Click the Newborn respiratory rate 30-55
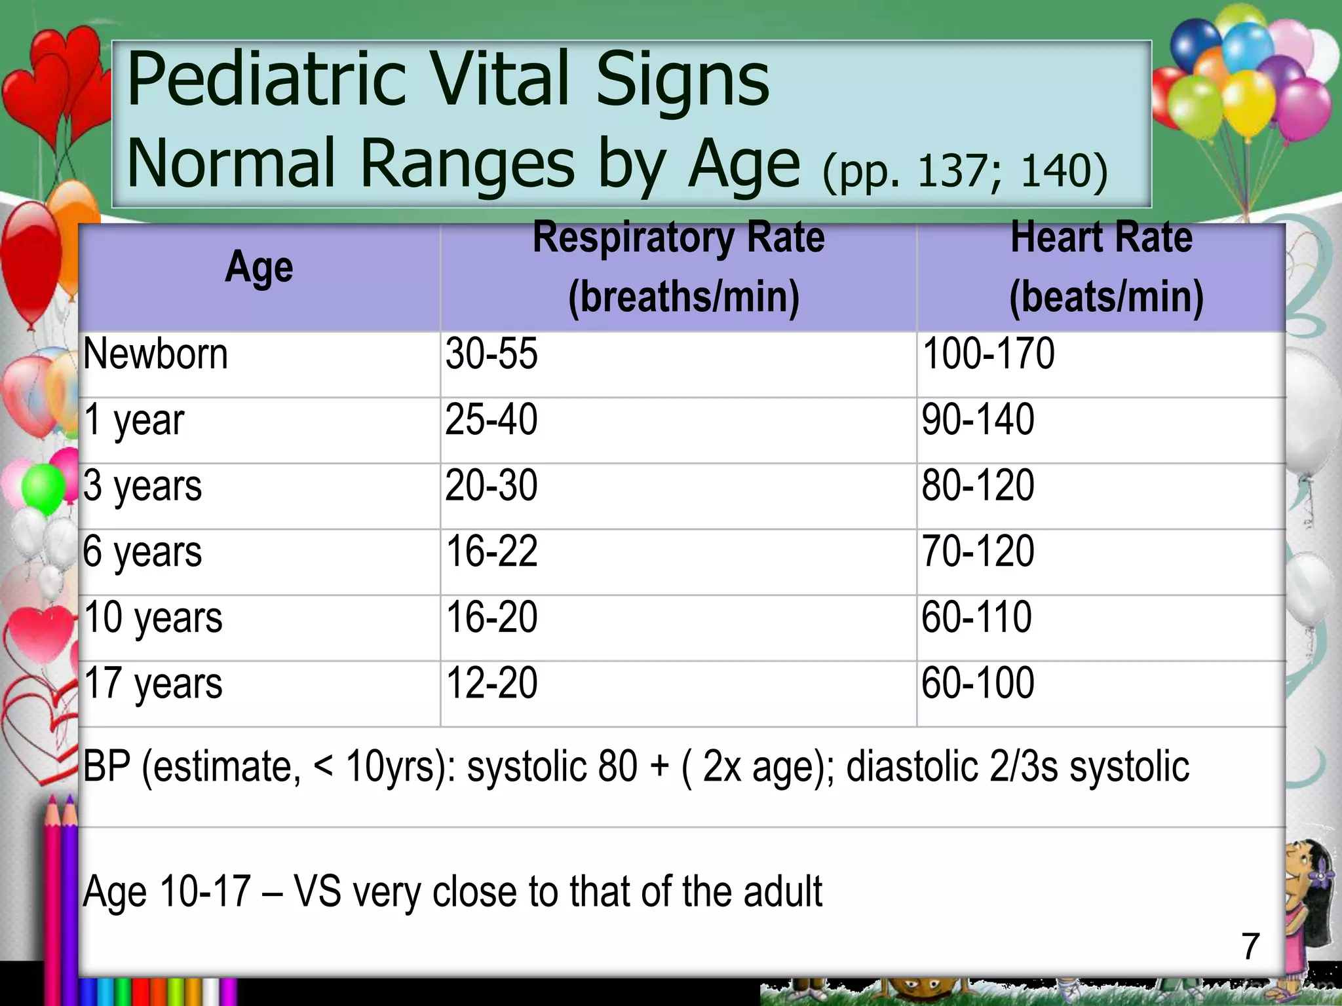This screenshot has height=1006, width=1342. pyautogui.click(x=491, y=354)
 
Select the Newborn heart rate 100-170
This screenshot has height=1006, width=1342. pyautogui.click(x=988, y=354)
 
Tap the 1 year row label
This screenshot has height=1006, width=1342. pyautogui.click(x=134, y=420)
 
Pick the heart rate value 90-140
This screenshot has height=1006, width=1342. pyautogui.click(x=978, y=420)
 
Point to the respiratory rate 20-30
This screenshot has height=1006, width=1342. pyautogui.click(x=491, y=486)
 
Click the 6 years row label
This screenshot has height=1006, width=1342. pyautogui.click(x=142, y=552)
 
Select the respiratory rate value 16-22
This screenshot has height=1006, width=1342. pyautogui.click(x=491, y=551)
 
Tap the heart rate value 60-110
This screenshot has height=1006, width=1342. pyautogui.click(x=976, y=618)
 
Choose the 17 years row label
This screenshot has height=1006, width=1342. pyautogui.click(x=153, y=684)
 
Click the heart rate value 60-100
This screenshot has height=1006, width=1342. pyautogui.click(x=978, y=684)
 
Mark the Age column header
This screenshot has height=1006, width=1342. pyautogui.click(x=259, y=268)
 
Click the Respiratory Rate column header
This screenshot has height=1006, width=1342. pyautogui.click(x=679, y=267)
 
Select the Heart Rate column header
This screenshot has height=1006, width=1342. pyautogui.click(x=1102, y=267)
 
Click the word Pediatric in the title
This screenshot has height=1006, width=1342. pyautogui.click(x=266, y=81)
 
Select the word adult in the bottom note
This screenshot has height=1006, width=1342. pyautogui.click(x=782, y=892)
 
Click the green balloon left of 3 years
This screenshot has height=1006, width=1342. pyautogui.click(x=43, y=487)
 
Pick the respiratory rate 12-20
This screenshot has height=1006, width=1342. pyautogui.click(x=491, y=684)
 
